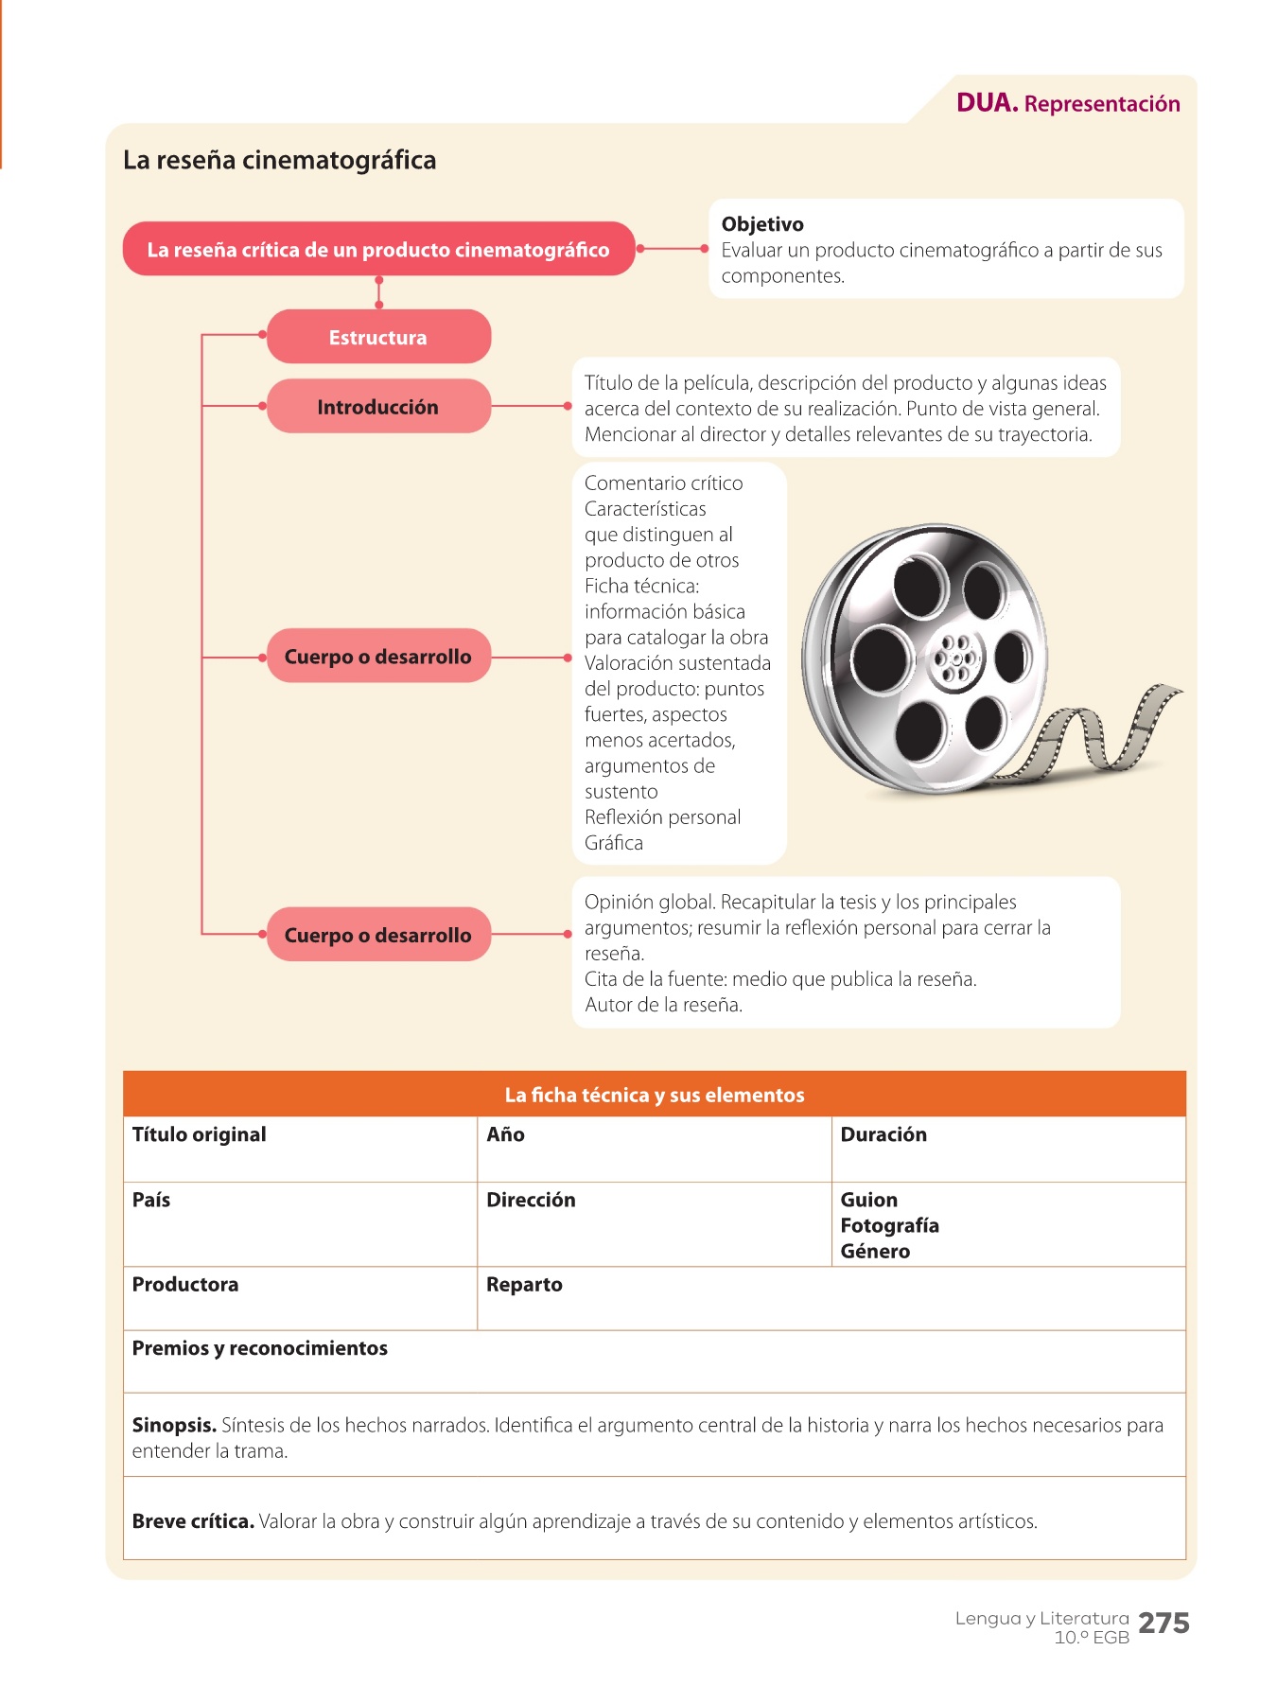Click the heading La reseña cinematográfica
pyautogui.click(x=279, y=160)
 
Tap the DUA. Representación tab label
pyautogui.click(x=1068, y=103)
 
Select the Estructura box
pyautogui.click(x=378, y=337)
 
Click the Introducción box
pyautogui.click(x=378, y=407)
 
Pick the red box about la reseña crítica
pyautogui.click(x=378, y=250)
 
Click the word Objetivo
pyautogui.click(x=762, y=224)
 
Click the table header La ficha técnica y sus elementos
pyautogui.click(x=655, y=1095)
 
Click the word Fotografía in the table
pyautogui.click(x=889, y=1225)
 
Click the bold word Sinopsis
pyautogui.click(x=174, y=1425)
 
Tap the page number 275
pyautogui.click(x=1163, y=1623)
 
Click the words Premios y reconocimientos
pyautogui.click(x=260, y=1348)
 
